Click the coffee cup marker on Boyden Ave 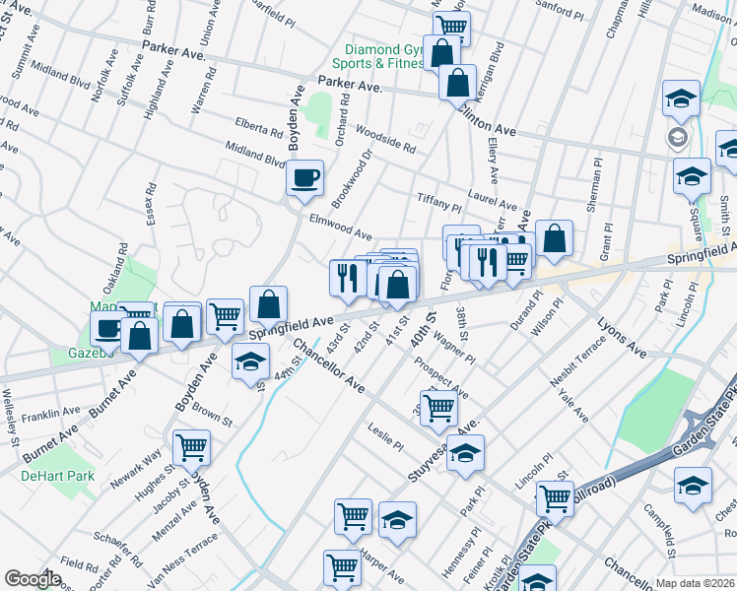pyautogui.click(x=304, y=177)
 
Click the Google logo pyautogui.click(x=33, y=579)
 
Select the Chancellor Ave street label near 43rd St pyautogui.click(x=328, y=365)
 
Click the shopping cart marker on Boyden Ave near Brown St pyautogui.click(x=191, y=448)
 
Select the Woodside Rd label pyautogui.click(x=385, y=142)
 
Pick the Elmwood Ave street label pyautogui.click(x=340, y=228)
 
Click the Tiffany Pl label pyautogui.click(x=438, y=202)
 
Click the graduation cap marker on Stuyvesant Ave pyautogui.click(x=466, y=453)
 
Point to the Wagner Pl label pyautogui.click(x=454, y=353)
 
